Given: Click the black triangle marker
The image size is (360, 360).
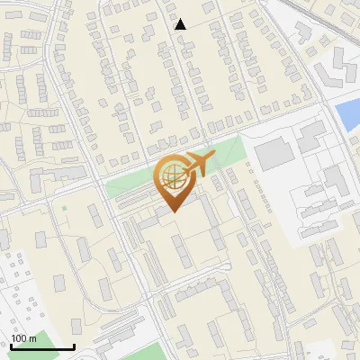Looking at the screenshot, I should tap(180, 24).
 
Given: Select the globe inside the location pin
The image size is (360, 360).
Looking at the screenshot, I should tap(171, 178).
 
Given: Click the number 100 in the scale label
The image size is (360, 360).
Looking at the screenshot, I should tap(19, 338).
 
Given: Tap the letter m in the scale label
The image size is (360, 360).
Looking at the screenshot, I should tap(32, 338).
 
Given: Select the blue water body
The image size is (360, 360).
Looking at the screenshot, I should tap(346, 113).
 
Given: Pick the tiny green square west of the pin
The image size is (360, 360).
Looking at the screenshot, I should tap(64, 210).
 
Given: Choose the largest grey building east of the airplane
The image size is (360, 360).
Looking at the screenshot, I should tap(274, 155).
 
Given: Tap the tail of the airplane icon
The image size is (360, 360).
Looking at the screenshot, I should tap(211, 158).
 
